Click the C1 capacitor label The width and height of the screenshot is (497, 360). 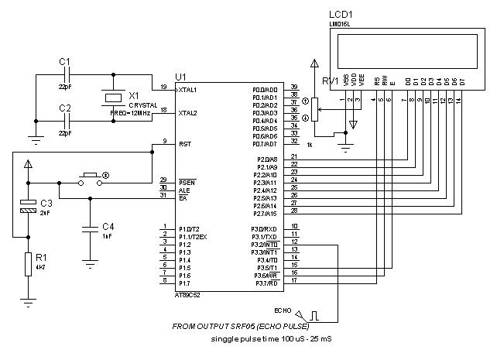tap(64, 61)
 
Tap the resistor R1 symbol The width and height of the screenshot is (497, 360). tap(29, 263)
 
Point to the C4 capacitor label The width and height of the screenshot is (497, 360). tap(108, 226)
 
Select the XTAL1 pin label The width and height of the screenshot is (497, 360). tap(187, 90)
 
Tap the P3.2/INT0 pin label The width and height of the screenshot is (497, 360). tap(265, 245)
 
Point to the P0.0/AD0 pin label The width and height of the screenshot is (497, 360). tap(265, 90)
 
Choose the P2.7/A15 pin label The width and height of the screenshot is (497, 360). tap(265, 213)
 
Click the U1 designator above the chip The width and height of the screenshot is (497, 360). tap(180, 77)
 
